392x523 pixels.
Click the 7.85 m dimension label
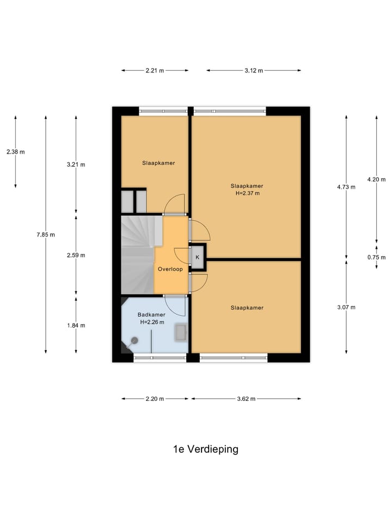tap(46, 234)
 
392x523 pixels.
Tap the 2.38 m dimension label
tap(15, 152)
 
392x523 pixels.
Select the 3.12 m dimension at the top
tap(254, 70)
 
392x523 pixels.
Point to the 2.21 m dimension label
tap(155, 70)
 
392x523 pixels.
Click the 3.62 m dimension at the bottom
tap(246, 399)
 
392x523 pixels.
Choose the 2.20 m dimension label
tap(155, 399)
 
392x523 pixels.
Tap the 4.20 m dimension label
tap(376, 179)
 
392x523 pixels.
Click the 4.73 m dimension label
tap(346, 187)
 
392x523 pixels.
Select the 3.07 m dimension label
tap(346, 307)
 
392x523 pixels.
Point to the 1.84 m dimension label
tap(76, 325)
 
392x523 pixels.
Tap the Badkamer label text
tap(151, 314)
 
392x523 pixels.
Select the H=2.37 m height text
tap(247, 193)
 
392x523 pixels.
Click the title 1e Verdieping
tap(205, 449)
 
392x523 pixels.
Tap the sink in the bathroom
tap(180, 332)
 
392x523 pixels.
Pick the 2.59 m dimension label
tap(76, 255)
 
